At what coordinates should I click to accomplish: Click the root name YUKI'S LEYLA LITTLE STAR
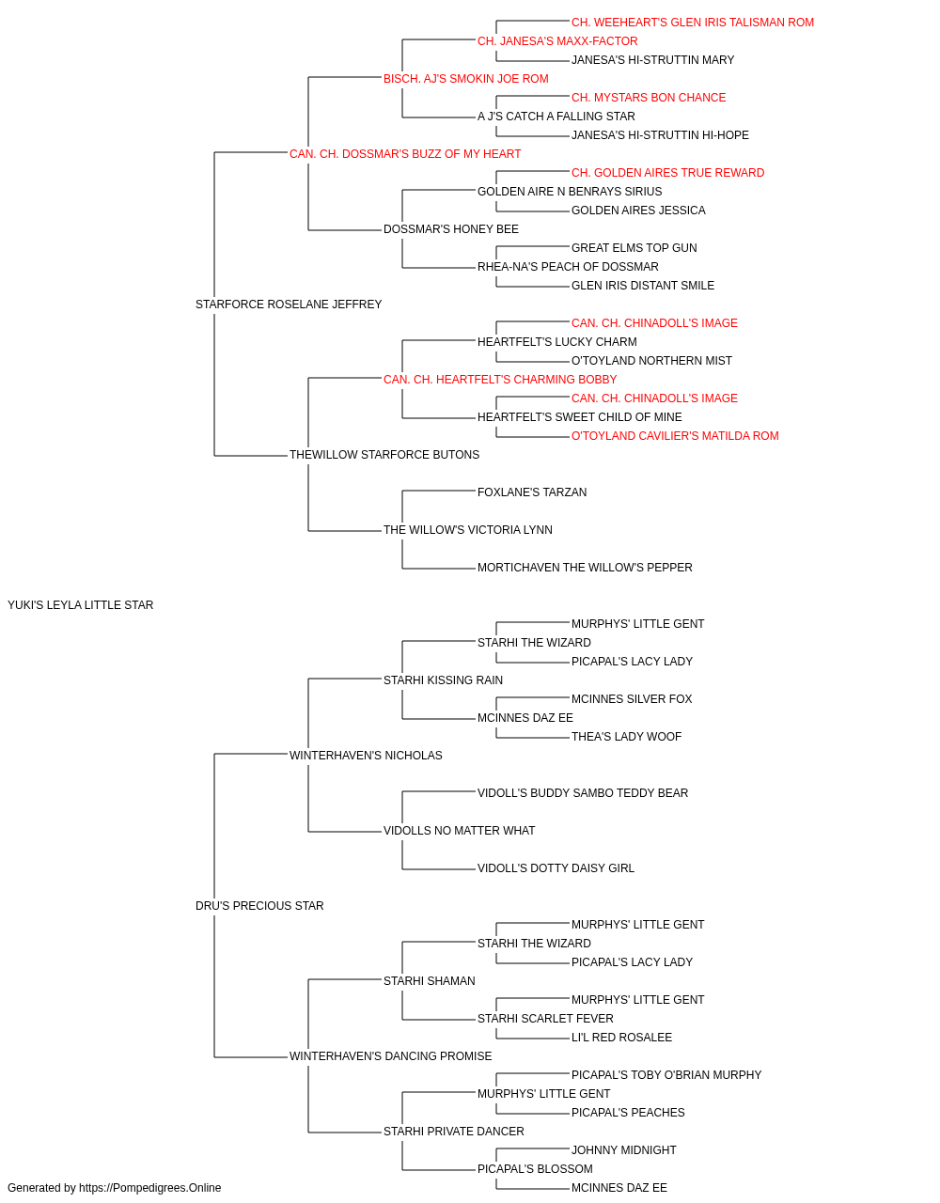click(80, 605)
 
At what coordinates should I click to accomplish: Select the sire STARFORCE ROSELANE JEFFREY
click(289, 305)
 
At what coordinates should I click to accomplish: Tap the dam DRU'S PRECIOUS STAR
click(259, 906)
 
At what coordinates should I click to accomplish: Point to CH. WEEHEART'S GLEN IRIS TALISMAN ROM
click(693, 23)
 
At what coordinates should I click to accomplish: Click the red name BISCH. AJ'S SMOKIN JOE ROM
click(466, 79)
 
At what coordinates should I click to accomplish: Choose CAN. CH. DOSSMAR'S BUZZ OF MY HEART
click(405, 154)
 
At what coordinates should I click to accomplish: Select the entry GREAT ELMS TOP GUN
click(634, 248)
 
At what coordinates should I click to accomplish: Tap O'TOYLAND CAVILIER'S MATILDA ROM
click(675, 436)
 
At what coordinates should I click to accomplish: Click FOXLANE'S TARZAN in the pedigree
click(532, 492)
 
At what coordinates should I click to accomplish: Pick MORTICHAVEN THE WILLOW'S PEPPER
click(585, 568)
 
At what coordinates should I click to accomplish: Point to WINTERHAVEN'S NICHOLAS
click(366, 756)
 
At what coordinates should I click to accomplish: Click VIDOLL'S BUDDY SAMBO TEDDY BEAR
click(583, 793)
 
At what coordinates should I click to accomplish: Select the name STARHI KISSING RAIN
click(443, 680)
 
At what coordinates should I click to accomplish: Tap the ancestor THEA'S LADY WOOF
click(626, 737)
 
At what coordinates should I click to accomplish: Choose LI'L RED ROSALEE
click(621, 1038)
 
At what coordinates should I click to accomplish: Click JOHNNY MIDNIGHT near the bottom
click(624, 1150)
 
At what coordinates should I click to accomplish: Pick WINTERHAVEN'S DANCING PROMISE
click(391, 1056)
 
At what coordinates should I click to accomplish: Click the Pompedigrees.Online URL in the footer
click(150, 1188)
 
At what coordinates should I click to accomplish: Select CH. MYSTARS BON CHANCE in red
click(649, 98)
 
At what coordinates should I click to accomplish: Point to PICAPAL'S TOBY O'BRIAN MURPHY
click(666, 1075)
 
